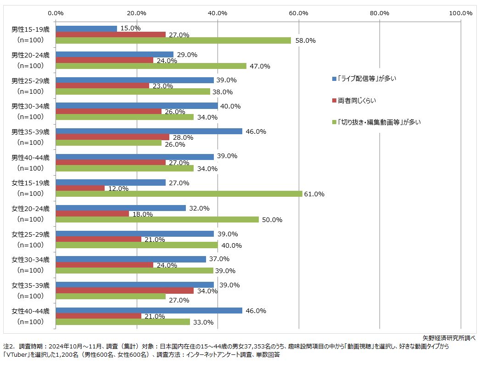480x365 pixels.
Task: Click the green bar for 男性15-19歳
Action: (173, 40)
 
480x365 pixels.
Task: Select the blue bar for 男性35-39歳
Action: (149, 131)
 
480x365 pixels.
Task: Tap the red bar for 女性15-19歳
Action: (80, 188)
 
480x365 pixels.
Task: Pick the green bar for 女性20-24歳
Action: (157, 220)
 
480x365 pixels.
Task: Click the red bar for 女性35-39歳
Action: (124, 291)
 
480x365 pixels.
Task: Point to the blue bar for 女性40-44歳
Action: (149, 311)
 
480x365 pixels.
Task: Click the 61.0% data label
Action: (314, 194)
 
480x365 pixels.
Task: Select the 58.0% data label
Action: (306, 40)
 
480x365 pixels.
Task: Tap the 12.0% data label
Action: (118, 188)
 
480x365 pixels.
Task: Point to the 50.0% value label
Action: (272, 220)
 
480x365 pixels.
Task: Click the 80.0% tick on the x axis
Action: (380, 13)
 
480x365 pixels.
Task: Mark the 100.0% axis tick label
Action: (460, 13)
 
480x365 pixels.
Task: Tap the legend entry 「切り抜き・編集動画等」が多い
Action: (379, 122)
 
